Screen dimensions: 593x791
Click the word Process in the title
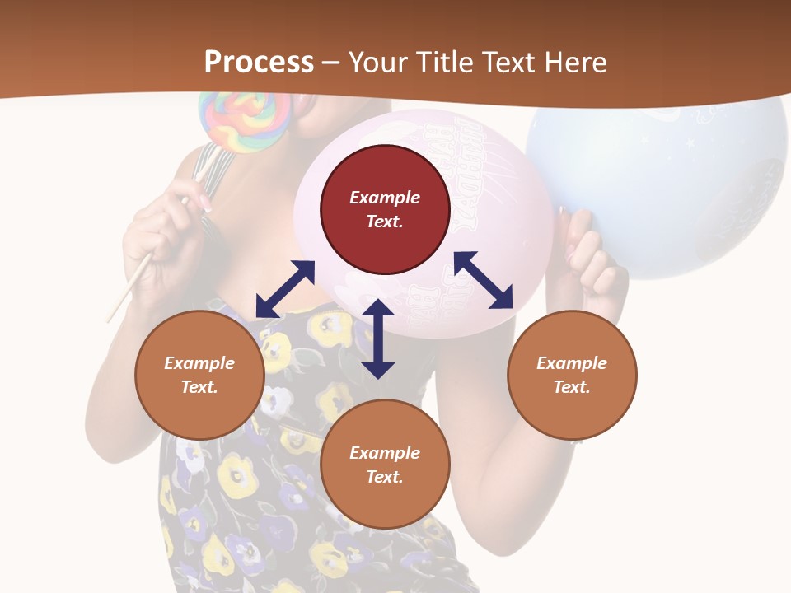(x=259, y=62)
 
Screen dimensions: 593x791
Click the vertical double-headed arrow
(x=378, y=339)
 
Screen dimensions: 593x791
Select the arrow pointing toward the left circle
(x=285, y=289)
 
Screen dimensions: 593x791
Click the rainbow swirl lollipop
(x=244, y=120)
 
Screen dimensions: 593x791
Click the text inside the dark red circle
(x=385, y=209)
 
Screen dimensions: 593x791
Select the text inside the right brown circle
(x=572, y=375)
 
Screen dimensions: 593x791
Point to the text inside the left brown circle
(x=199, y=375)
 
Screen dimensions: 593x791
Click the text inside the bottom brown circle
(x=385, y=465)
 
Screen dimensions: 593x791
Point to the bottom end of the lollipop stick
(x=110, y=319)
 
